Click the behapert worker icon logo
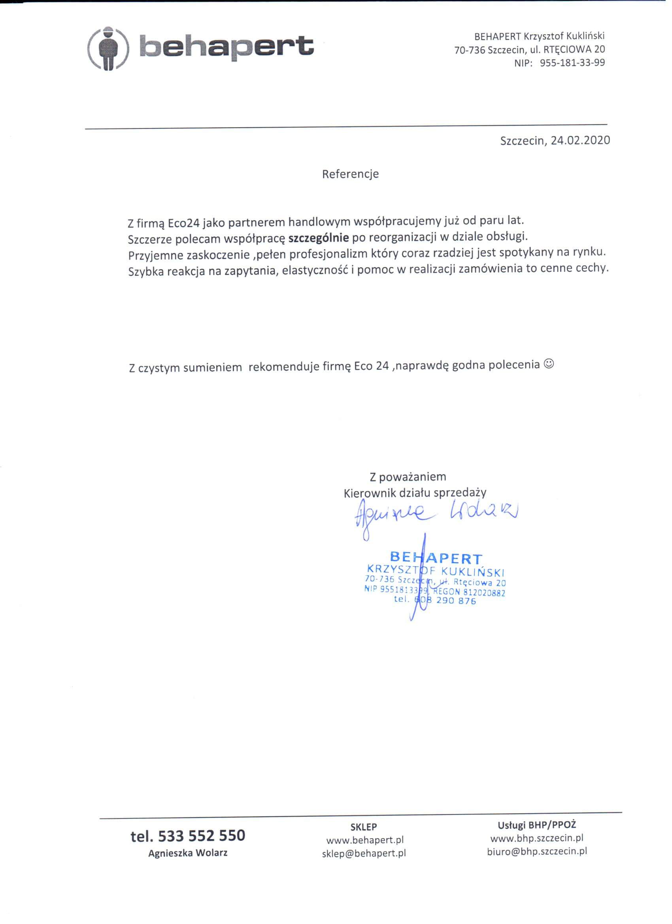[x=108, y=49]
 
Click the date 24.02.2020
[x=580, y=141]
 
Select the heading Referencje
[x=350, y=174]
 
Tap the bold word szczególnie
[x=319, y=237]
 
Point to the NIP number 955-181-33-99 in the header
[x=572, y=63]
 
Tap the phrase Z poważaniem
[x=408, y=476]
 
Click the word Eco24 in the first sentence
[x=183, y=223]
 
